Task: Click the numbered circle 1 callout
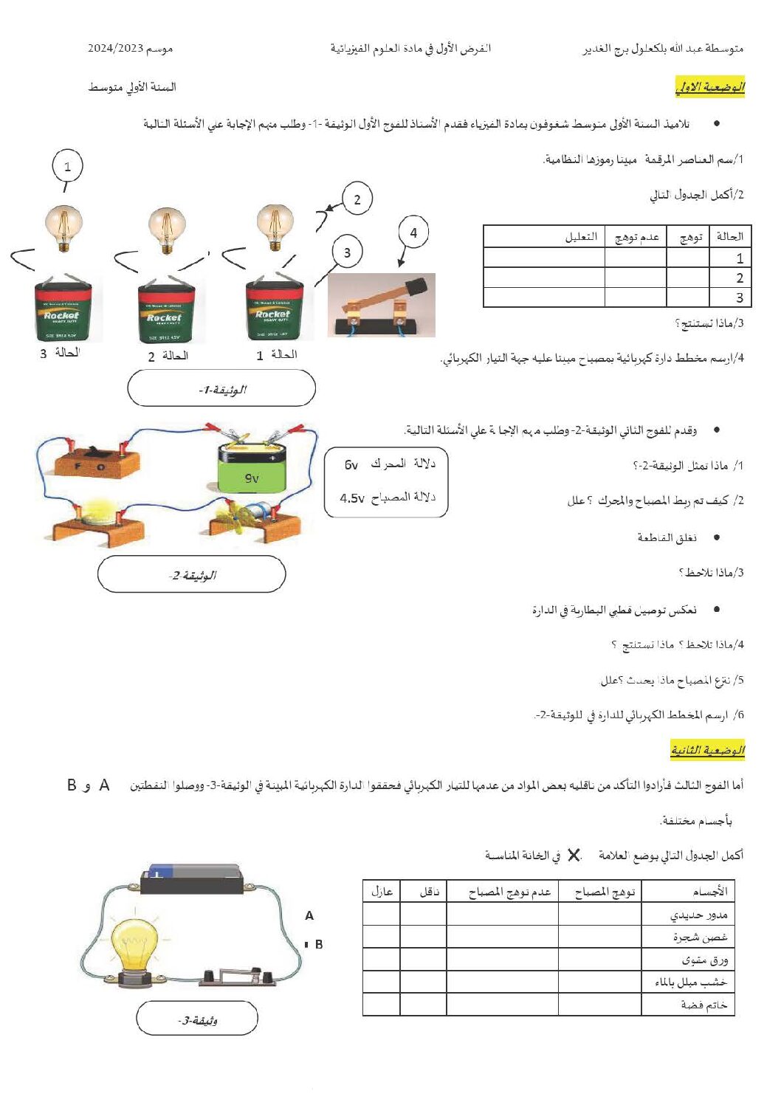67,166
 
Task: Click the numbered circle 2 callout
357,199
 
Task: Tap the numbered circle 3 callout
347,252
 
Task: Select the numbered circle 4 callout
413,233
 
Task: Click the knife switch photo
381,304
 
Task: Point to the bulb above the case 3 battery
63,228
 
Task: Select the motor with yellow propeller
247,514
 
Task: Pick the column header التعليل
581,236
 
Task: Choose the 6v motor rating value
351,464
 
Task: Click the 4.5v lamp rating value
352,498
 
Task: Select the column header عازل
382,892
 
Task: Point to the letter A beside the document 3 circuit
309,915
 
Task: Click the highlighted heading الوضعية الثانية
707,751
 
